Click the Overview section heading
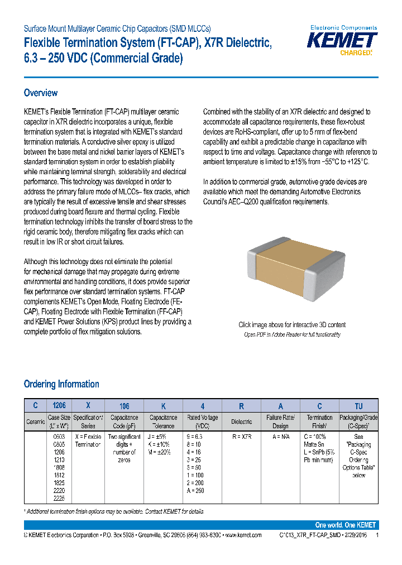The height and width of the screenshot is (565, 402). pos(41,93)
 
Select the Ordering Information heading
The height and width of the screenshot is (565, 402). pos(61,384)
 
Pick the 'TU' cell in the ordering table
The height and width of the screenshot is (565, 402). pos(358,406)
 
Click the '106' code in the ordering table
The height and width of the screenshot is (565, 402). pos(124,406)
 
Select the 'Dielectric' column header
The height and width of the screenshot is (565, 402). pos(242,422)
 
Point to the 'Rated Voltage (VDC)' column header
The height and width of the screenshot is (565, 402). pos(202,422)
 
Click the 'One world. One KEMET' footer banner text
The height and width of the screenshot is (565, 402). pos(345,525)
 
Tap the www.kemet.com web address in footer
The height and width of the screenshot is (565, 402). pos(242,535)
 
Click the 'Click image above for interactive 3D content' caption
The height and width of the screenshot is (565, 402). pos(292,325)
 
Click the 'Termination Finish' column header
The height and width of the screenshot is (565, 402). pos(320,422)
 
